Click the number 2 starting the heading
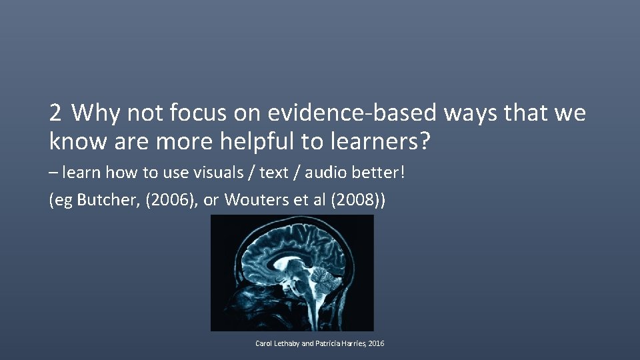[55, 113]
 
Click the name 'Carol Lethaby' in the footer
[277, 343]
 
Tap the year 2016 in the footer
[376, 343]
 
